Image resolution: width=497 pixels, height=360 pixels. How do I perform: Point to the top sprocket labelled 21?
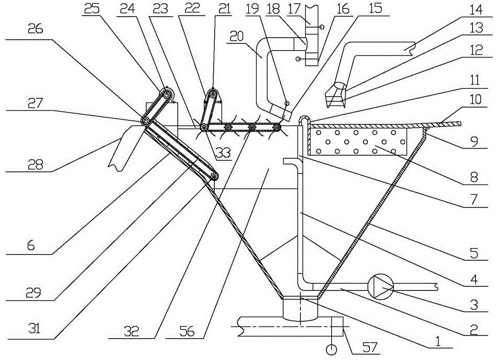[x=212, y=93]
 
